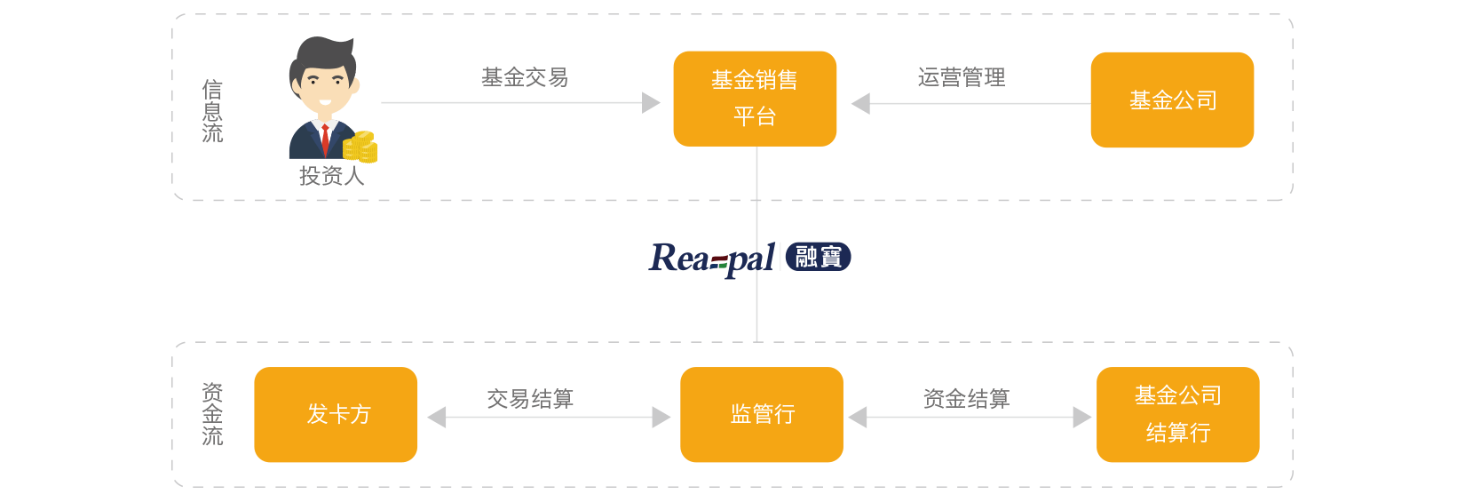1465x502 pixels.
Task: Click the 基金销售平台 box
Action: (x=755, y=99)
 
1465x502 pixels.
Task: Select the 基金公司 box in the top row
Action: (x=1172, y=100)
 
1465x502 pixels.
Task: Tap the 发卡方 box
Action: (x=336, y=414)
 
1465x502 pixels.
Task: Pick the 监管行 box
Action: (x=762, y=414)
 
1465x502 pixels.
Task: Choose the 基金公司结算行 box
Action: (x=1177, y=414)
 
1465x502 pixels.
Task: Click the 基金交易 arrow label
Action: (x=525, y=77)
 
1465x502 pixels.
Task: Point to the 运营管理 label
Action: (x=961, y=77)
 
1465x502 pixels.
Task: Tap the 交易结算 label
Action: (x=530, y=398)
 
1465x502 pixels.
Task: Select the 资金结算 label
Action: (x=966, y=398)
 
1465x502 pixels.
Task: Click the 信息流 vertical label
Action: (x=212, y=111)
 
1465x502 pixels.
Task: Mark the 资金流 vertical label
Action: (x=212, y=414)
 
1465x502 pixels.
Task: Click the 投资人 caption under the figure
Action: (x=331, y=176)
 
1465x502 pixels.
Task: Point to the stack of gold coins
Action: (x=360, y=147)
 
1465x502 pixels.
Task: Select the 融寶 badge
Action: (x=818, y=257)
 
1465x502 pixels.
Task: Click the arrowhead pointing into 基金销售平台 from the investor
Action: (x=652, y=103)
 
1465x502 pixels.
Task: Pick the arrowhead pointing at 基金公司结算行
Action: (x=1082, y=417)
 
